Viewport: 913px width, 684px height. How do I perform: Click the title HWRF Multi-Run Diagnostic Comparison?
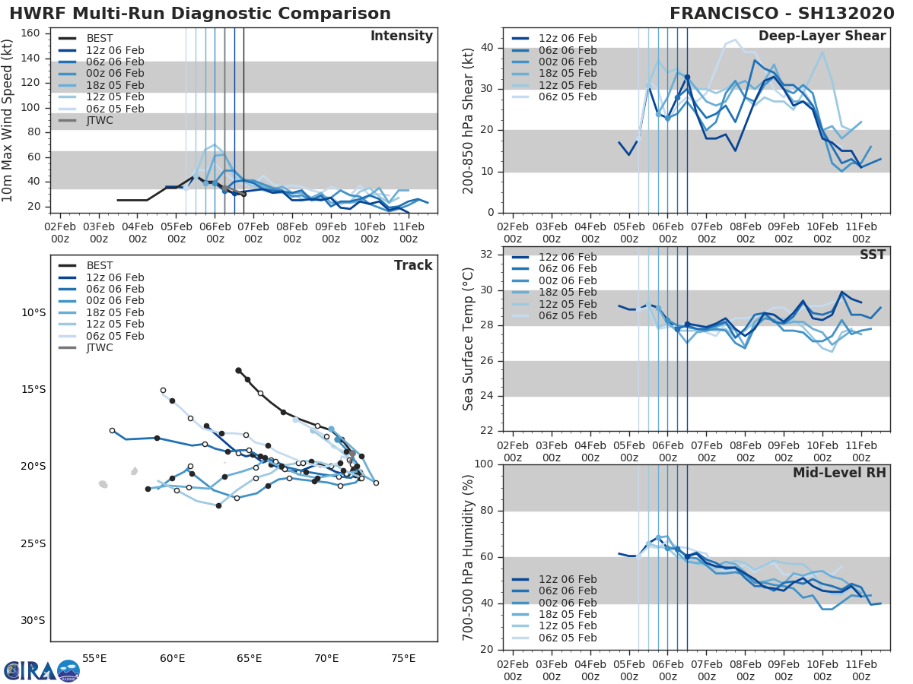(x=201, y=14)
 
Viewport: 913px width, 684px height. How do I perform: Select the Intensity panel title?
(x=402, y=36)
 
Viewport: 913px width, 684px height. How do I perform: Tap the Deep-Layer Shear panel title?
(x=822, y=36)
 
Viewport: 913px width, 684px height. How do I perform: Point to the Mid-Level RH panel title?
(x=839, y=473)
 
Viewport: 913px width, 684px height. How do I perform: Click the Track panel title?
(x=413, y=265)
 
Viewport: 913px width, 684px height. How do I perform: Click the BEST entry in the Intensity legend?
(x=100, y=39)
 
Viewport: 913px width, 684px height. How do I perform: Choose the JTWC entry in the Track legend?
(x=100, y=347)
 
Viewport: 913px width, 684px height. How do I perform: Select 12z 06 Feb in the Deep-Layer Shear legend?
(x=568, y=39)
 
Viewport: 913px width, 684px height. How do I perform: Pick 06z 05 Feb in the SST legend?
(x=568, y=315)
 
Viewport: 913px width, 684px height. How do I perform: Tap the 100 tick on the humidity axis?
(x=485, y=464)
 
